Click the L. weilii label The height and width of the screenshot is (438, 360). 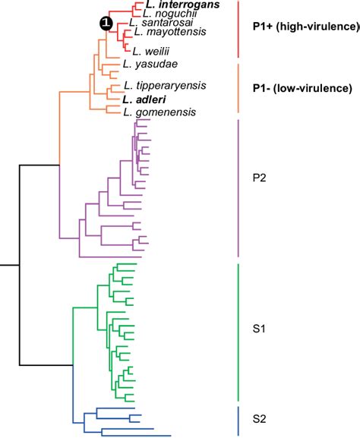click(x=149, y=51)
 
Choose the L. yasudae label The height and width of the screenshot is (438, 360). click(x=145, y=66)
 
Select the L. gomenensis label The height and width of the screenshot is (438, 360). click(x=159, y=112)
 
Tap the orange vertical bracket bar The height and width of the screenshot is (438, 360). click(x=238, y=87)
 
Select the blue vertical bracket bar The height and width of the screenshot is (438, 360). click(x=238, y=420)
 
